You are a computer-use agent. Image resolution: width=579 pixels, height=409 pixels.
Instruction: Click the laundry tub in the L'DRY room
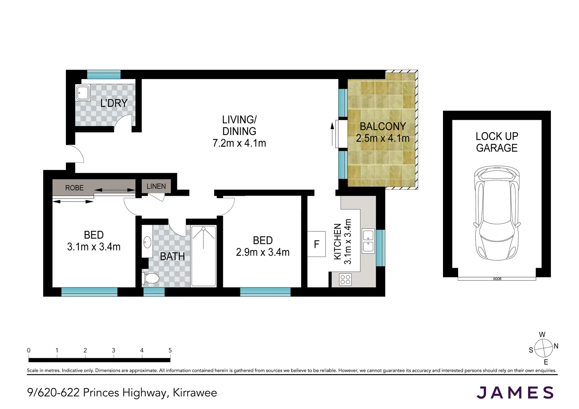point(83,93)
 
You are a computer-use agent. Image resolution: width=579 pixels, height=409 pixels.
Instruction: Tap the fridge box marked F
point(316,244)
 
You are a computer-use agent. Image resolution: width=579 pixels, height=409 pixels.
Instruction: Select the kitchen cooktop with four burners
point(345,280)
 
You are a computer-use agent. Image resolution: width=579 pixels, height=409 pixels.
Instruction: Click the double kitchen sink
point(368,241)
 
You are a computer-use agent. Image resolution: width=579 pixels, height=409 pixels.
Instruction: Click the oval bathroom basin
point(147,242)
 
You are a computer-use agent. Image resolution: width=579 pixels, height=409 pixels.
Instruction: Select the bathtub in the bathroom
point(203,256)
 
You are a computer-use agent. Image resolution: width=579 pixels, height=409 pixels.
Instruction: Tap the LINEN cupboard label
point(156,186)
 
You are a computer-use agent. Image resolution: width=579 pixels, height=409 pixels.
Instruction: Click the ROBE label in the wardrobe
point(74,188)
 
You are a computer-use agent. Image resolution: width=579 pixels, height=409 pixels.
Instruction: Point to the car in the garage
point(496,213)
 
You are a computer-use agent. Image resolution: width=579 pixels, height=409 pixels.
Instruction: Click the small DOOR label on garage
point(497,279)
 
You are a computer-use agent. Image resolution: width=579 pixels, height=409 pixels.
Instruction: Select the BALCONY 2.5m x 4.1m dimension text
point(383,138)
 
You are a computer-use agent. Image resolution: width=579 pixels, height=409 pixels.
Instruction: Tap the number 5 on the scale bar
point(170,350)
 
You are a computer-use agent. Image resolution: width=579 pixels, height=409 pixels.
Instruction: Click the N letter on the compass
point(556,346)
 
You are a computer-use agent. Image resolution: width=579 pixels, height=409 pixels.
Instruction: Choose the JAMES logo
point(515,393)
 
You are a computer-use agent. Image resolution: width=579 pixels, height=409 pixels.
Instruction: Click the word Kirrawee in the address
point(195,393)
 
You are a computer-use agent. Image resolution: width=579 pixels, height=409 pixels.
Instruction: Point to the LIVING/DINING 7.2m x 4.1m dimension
point(239,143)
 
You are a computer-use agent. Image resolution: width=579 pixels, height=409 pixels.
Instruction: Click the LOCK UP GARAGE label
point(497,142)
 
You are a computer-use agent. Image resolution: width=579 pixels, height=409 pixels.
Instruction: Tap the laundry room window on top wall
point(104,74)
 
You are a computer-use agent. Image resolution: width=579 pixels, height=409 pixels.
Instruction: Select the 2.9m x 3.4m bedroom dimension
point(263,252)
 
